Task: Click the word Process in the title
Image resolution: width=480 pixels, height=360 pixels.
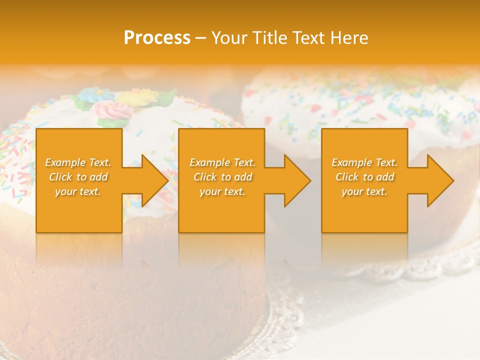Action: coord(157,38)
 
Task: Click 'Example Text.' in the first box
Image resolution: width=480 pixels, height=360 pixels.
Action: coord(78,162)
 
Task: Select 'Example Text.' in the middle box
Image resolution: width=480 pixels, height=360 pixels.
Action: coord(222,162)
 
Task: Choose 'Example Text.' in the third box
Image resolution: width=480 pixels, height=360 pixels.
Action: coord(364,162)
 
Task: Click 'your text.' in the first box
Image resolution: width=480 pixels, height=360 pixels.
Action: coord(78,191)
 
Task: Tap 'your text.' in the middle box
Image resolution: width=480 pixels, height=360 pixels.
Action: coord(222,191)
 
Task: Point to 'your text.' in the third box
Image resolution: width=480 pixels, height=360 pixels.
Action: coord(364,191)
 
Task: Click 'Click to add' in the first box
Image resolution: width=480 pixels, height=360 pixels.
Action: coord(78,177)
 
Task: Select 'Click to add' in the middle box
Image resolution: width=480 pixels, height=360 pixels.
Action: coord(222,177)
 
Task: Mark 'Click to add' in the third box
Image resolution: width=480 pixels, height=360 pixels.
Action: coord(364,177)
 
